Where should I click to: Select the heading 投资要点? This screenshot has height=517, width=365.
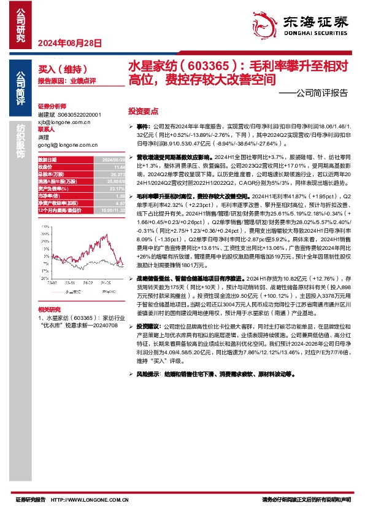coord(143,111)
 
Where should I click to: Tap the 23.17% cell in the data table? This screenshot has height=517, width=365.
coord(99,189)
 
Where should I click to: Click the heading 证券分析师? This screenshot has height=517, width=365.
coord(52,106)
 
